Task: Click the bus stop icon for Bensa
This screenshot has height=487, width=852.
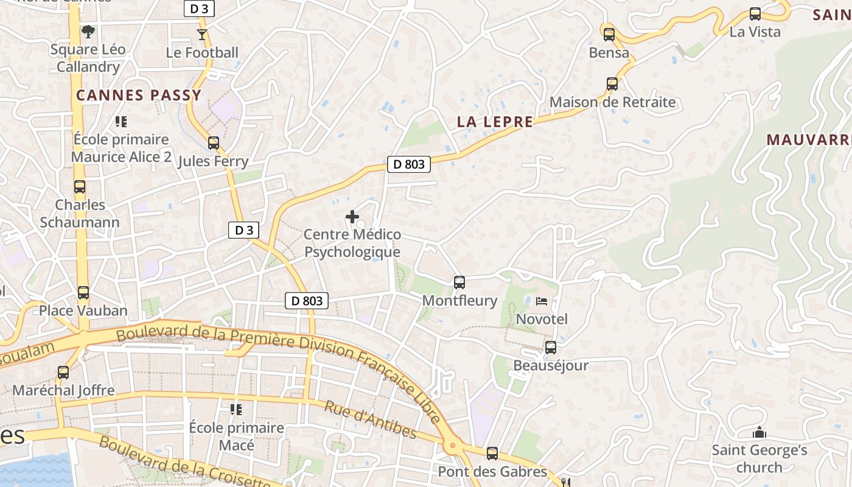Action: click(x=609, y=35)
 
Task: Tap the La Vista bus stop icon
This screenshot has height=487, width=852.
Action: click(x=755, y=14)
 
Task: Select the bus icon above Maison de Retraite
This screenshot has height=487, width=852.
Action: click(x=612, y=84)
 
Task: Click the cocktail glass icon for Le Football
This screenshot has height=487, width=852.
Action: click(x=202, y=35)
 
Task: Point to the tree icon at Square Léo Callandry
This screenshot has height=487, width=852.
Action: click(x=88, y=31)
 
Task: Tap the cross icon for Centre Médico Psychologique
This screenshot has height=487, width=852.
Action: click(x=352, y=216)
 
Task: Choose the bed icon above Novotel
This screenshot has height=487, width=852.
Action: click(x=542, y=301)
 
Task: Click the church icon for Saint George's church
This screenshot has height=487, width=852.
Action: click(x=759, y=433)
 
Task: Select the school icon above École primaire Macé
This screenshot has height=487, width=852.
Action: click(x=236, y=409)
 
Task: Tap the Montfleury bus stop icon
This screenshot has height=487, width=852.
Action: click(x=459, y=282)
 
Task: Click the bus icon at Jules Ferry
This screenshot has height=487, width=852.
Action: click(x=214, y=143)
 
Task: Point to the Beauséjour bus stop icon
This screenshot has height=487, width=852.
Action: click(x=551, y=348)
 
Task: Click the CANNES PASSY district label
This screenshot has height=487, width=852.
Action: click(x=139, y=95)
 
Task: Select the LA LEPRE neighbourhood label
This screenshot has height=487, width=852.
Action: click(x=495, y=122)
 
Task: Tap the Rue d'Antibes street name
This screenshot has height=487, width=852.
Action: click(x=370, y=420)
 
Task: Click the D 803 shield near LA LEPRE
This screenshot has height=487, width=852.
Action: click(x=409, y=164)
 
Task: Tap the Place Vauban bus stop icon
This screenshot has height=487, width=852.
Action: click(x=83, y=293)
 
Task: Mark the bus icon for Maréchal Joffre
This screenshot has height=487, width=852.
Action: click(x=63, y=372)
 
